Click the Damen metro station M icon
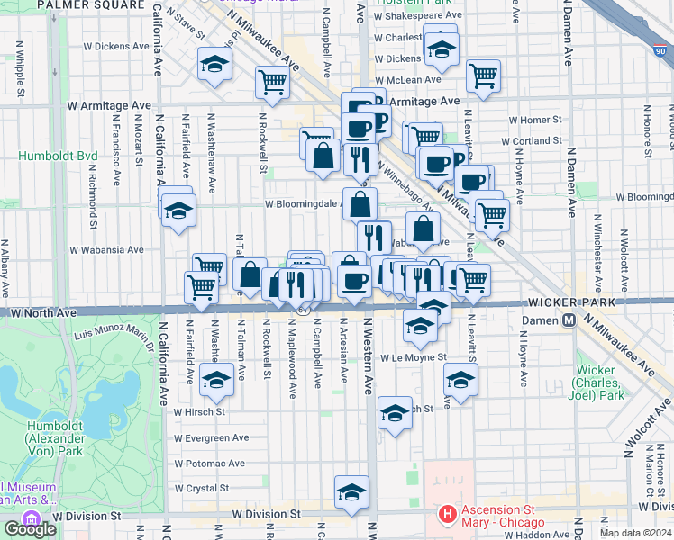point(569,320)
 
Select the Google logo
point(30,528)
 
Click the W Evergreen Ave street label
point(210,437)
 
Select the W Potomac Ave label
point(209,463)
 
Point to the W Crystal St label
point(204,488)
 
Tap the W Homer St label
point(535,119)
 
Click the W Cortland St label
point(531,141)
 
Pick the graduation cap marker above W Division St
point(351,491)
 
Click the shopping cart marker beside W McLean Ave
point(484,76)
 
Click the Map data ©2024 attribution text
point(636,533)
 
